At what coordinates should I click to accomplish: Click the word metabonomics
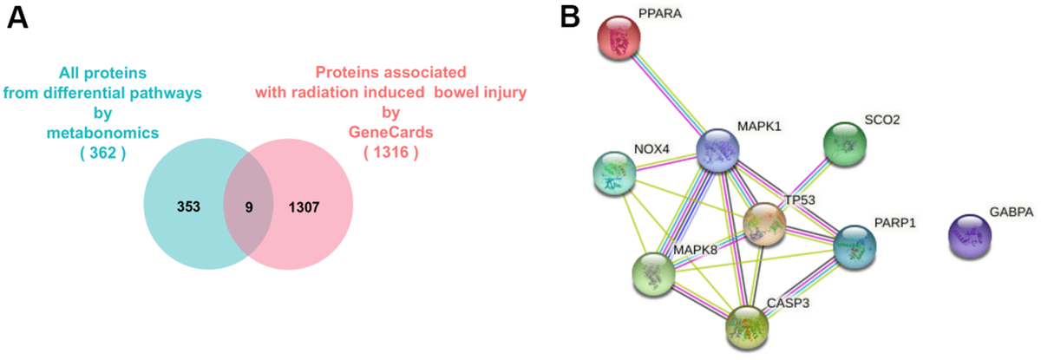click(x=96, y=134)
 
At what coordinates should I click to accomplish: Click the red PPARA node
click(x=619, y=36)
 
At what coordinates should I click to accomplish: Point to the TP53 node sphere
click(x=764, y=223)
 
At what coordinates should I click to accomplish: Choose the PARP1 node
click(x=854, y=246)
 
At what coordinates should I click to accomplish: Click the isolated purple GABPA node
click(x=970, y=237)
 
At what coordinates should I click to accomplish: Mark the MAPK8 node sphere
click(x=653, y=273)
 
